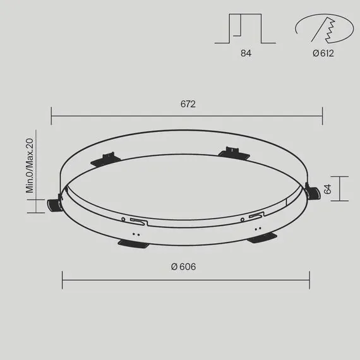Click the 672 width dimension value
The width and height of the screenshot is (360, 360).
click(187, 104)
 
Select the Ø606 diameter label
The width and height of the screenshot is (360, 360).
click(183, 267)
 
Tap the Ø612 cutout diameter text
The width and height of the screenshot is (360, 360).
click(323, 54)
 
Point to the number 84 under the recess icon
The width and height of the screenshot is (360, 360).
click(246, 54)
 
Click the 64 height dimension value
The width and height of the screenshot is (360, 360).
click(327, 189)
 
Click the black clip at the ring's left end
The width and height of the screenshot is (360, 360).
click(54, 202)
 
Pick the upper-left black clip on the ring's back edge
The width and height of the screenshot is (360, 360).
click(103, 158)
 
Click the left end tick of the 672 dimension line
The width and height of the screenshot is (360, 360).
click(52, 116)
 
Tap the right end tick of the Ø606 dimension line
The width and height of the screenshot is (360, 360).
click(309, 280)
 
